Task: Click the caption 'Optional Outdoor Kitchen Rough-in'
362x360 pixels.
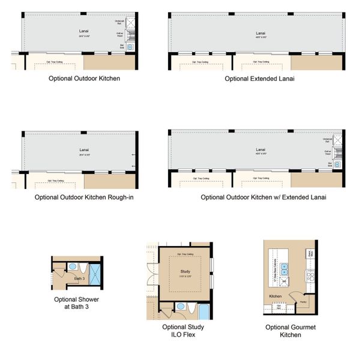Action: click(83, 196)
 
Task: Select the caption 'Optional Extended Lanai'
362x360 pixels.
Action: click(259, 78)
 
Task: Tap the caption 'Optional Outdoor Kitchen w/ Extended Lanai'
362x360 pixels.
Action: click(259, 196)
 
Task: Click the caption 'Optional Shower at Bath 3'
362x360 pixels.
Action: click(76, 303)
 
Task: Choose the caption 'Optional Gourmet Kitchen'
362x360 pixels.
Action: click(290, 331)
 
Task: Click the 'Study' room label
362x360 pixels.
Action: click(185, 271)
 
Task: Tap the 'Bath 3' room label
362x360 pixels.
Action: click(78, 279)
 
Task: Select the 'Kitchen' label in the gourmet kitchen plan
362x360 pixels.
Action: click(276, 296)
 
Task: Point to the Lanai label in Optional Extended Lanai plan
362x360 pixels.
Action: click(260, 33)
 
